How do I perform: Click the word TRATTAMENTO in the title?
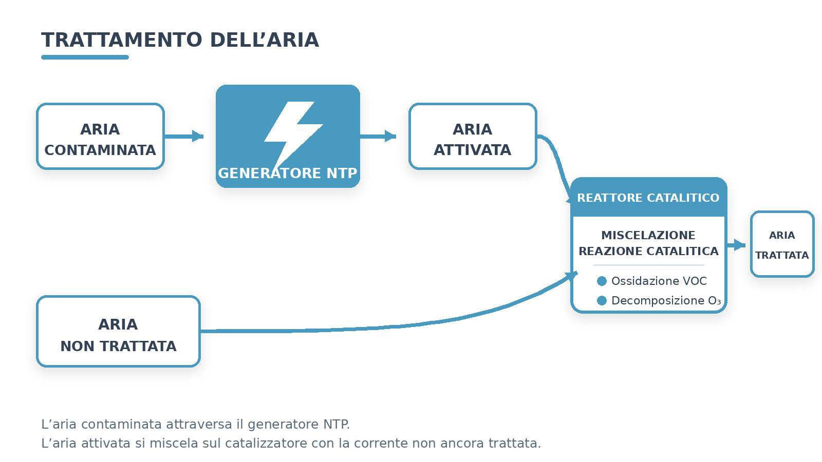pyautogui.click(x=121, y=40)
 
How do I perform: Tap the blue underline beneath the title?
pyautogui.click(x=85, y=57)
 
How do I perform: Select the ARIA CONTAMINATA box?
pyautogui.click(x=100, y=137)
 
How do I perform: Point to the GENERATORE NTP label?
pyautogui.click(x=288, y=173)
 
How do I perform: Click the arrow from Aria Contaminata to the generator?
pyautogui.click(x=184, y=137)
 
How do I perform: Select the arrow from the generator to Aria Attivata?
pyautogui.click(x=378, y=137)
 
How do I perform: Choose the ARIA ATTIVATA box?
pyautogui.click(x=473, y=137)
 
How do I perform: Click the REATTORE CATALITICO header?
pyautogui.click(x=648, y=198)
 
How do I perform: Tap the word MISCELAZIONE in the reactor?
pyautogui.click(x=648, y=235)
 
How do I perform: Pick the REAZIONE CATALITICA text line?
pyautogui.click(x=648, y=251)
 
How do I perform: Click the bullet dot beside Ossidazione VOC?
pyautogui.click(x=602, y=281)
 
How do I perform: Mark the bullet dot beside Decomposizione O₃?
pyautogui.click(x=602, y=301)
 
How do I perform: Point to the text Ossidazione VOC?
pyautogui.click(x=659, y=281)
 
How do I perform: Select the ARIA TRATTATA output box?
pyautogui.click(x=782, y=244)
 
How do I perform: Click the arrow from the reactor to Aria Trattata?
pyautogui.click(x=736, y=244)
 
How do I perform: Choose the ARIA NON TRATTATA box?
pyautogui.click(x=118, y=332)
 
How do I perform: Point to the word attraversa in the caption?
pyautogui.click(x=199, y=424)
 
